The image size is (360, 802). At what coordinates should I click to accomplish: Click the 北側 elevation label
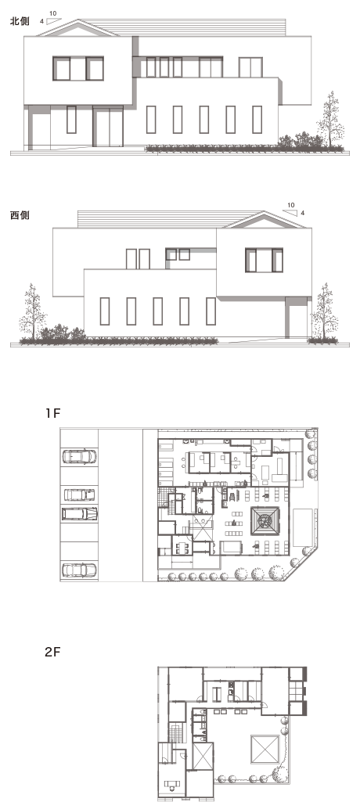20,21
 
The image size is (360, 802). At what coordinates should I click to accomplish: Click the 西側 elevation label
20,215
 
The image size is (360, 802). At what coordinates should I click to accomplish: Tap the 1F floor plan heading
52,413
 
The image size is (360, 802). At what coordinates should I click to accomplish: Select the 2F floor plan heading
52,652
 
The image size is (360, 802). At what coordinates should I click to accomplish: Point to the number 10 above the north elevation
53,13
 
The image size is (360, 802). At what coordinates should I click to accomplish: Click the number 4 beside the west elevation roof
302,213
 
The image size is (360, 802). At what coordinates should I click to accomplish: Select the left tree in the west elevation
32,312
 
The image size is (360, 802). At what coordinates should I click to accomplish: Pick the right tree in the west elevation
325,312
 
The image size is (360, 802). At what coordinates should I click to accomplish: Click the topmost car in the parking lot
79,456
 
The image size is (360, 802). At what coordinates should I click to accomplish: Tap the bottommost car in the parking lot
79,570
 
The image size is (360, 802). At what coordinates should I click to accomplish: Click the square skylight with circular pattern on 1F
265,521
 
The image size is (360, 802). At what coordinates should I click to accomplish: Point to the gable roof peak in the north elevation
77,20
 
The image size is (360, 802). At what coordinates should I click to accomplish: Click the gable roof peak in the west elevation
265,212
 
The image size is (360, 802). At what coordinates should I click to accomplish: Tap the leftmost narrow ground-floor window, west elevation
104,311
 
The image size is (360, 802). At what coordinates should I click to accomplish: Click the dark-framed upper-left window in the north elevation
78,69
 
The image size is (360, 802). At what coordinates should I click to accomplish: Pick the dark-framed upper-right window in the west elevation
264,260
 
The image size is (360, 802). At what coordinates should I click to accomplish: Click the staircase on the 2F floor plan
176,733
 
